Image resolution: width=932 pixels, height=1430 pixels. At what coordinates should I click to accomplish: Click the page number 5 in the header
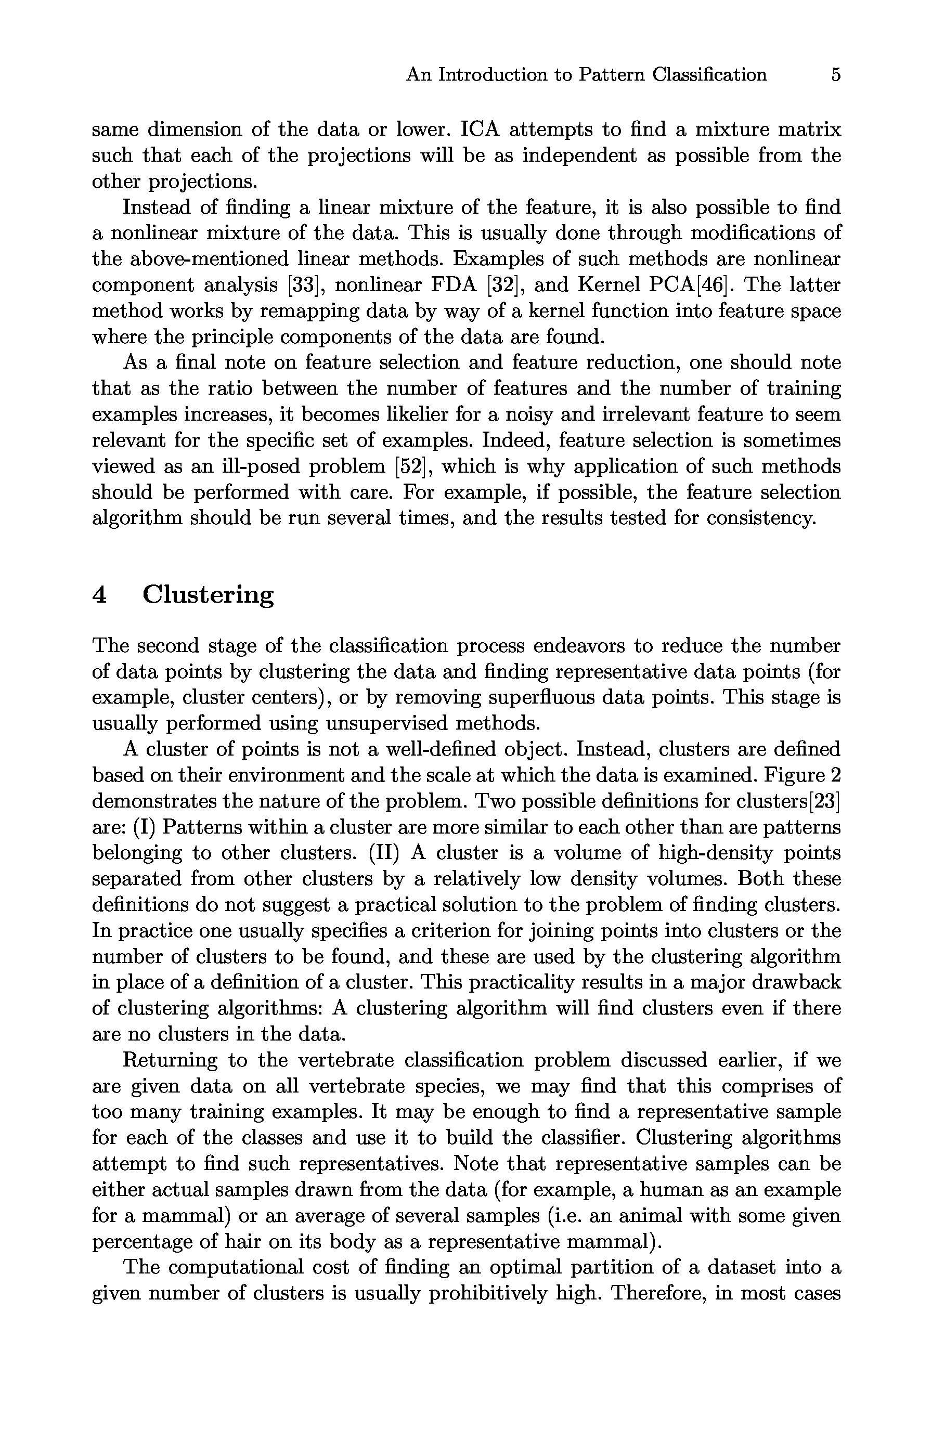(836, 75)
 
